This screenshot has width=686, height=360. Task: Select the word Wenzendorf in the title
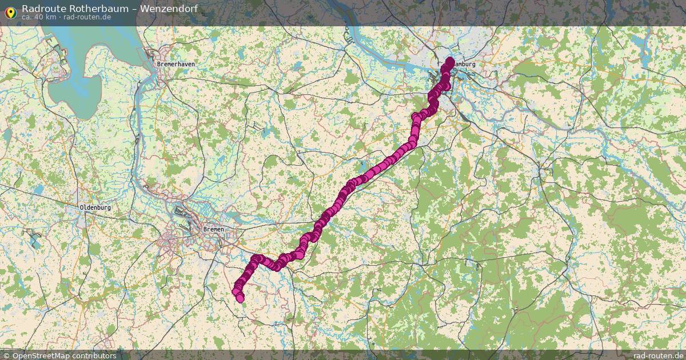point(170,8)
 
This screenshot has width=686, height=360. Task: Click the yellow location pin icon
point(10,11)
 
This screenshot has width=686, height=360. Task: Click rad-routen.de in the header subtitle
point(87,17)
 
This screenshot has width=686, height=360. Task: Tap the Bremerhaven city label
point(176,65)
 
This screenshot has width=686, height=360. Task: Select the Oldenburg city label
point(95,207)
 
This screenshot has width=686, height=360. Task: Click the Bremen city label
point(213,229)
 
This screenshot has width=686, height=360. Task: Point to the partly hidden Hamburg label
point(464,65)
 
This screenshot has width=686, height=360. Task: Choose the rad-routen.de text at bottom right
point(658,355)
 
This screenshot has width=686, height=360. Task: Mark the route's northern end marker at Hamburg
point(450,61)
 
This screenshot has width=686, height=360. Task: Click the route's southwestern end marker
point(240,298)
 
